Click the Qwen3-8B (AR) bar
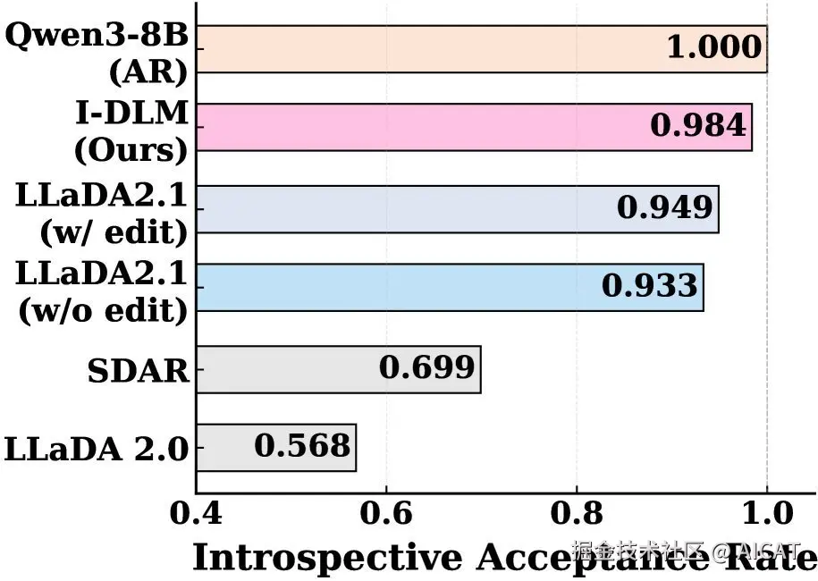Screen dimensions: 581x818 (429, 49)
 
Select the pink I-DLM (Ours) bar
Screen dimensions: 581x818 (420, 127)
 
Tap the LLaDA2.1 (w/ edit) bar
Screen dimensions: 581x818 (402, 209)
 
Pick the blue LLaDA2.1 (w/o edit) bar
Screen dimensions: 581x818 (393, 287)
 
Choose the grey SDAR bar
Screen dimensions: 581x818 (286, 369)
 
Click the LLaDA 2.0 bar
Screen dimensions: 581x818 (223, 447)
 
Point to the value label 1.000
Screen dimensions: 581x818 (714, 48)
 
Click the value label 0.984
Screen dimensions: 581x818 (697, 126)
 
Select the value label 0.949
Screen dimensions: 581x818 (664, 208)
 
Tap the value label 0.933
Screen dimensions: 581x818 (649, 286)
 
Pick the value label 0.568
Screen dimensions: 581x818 (302, 446)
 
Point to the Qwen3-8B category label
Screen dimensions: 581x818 (97, 38)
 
